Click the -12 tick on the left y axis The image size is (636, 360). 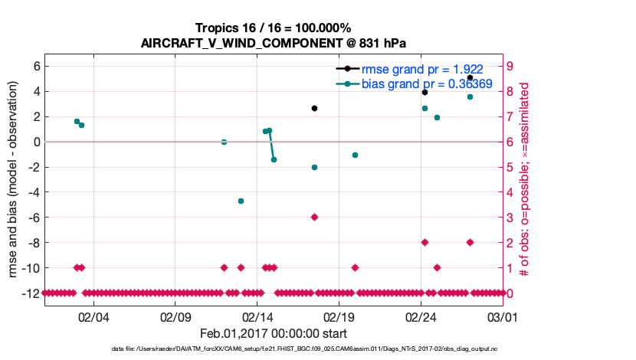(x=31, y=293)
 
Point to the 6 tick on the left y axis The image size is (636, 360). (x=35, y=66)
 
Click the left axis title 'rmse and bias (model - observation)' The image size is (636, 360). (x=15, y=179)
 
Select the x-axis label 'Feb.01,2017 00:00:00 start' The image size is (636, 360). (x=274, y=333)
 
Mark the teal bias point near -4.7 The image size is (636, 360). (x=241, y=201)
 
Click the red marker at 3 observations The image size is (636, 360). (x=314, y=217)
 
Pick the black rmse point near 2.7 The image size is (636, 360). (x=314, y=108)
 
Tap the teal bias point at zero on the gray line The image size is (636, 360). (x=224, y=142)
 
